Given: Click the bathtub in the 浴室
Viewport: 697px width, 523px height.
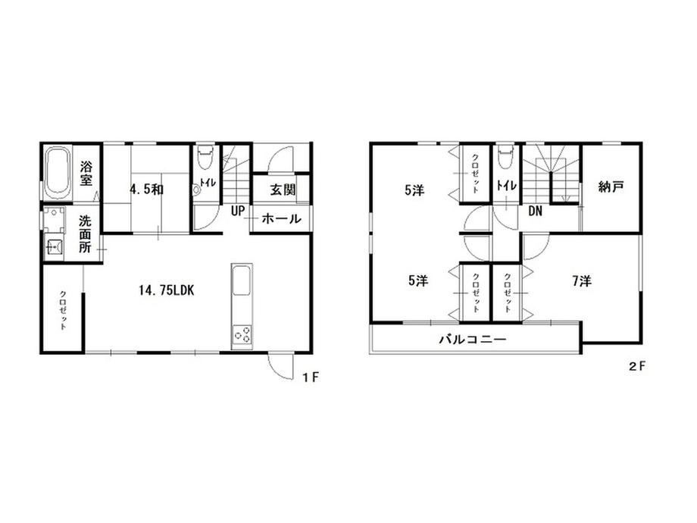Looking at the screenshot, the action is click(58, 174).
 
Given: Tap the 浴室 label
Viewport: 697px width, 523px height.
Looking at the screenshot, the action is click(86, 174).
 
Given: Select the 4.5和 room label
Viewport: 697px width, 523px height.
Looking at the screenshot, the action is click(146, 189).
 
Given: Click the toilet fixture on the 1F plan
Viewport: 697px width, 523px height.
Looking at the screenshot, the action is click(205, 157).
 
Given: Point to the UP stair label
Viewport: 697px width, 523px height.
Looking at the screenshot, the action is click(238, 211).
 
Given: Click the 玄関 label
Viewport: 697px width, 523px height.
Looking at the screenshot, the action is click(283, 190).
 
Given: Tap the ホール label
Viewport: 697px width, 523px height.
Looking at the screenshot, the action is click(281, 218).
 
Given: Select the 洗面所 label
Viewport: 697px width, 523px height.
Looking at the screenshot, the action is click(85, 234).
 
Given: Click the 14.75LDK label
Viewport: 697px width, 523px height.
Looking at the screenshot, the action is click(166, 291).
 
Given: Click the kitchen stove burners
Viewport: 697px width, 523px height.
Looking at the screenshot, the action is click(242, 334).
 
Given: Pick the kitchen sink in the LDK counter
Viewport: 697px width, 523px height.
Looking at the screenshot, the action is click(242, 280).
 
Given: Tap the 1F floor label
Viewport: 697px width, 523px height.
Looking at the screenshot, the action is click(311, 377).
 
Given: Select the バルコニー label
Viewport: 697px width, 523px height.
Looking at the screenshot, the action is click(473, 340).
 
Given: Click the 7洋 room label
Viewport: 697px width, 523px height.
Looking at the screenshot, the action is click(582, 281).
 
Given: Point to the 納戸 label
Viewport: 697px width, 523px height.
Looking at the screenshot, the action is click(611, 186).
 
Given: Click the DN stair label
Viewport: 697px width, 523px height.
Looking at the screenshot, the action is click(535, 211).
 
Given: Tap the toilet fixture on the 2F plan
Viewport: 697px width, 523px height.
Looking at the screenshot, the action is click(505, 158).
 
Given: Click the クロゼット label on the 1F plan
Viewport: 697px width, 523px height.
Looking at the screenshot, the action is click(63, 310).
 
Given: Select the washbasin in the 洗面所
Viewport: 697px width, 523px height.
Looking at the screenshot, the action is click(55, 246).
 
